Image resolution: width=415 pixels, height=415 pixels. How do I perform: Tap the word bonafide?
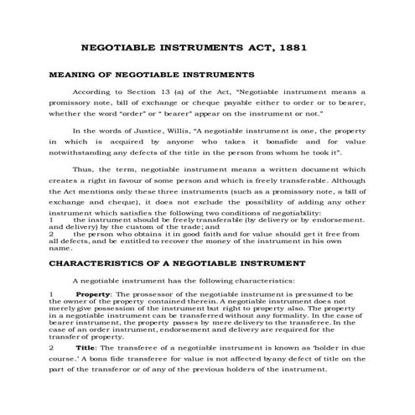pyautogui.click(x=266, y=143)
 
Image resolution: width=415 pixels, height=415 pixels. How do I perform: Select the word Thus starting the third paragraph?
pyautogui.click(x=84, y=169)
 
